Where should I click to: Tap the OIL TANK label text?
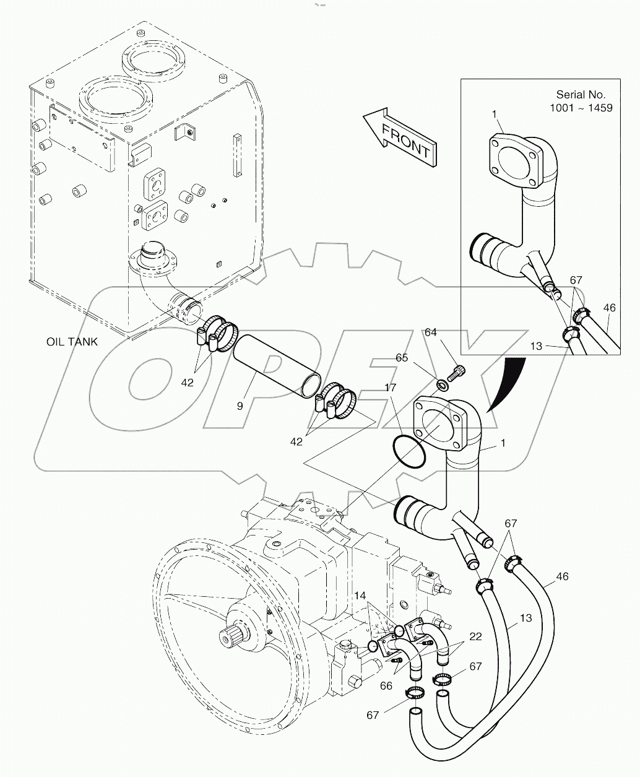coord(72,342)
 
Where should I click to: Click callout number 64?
coord(430,332)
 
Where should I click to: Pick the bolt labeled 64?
coord(458,371)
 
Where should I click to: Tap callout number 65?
coord(402,358)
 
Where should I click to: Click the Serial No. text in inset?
coord(580,95)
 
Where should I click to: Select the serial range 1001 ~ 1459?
coord(581,108)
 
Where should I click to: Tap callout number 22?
coord(475,636)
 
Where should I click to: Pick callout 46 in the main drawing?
coord(561,576)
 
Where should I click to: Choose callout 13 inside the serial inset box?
coord(536,346)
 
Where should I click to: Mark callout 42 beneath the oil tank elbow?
coord(188,383)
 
